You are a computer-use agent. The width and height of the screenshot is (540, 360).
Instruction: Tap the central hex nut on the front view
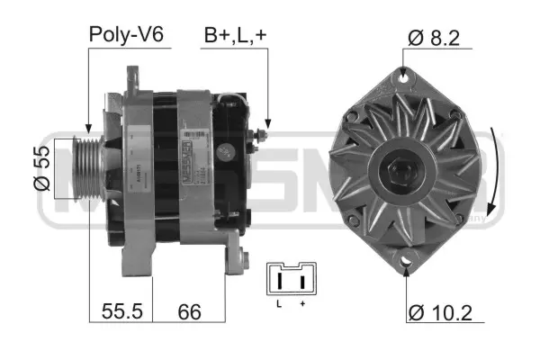coord(401,169)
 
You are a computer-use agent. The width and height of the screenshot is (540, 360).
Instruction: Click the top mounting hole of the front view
coord(402,80)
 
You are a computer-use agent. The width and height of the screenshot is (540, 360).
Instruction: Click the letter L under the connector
coord(280,305)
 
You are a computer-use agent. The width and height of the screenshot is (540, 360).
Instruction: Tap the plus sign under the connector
coord(301,305)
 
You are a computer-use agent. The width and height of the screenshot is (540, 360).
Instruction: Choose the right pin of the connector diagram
coord(301,282)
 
